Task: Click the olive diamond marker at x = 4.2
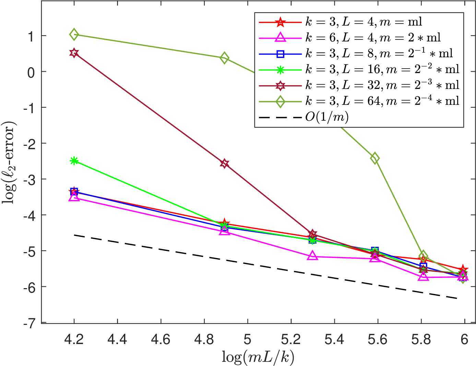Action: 74,35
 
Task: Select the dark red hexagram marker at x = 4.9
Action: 224,163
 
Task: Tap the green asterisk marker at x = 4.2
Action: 74,161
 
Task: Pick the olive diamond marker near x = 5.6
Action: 375,158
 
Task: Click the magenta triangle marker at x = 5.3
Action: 312,256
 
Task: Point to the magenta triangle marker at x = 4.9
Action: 224,231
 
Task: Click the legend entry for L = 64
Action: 359,102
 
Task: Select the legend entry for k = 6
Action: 350,38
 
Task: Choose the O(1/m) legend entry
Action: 304,117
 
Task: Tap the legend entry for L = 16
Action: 359,70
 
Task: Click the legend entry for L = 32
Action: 359,85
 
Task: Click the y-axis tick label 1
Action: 31,36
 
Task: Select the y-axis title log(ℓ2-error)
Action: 9,162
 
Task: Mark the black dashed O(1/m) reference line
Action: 265,267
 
